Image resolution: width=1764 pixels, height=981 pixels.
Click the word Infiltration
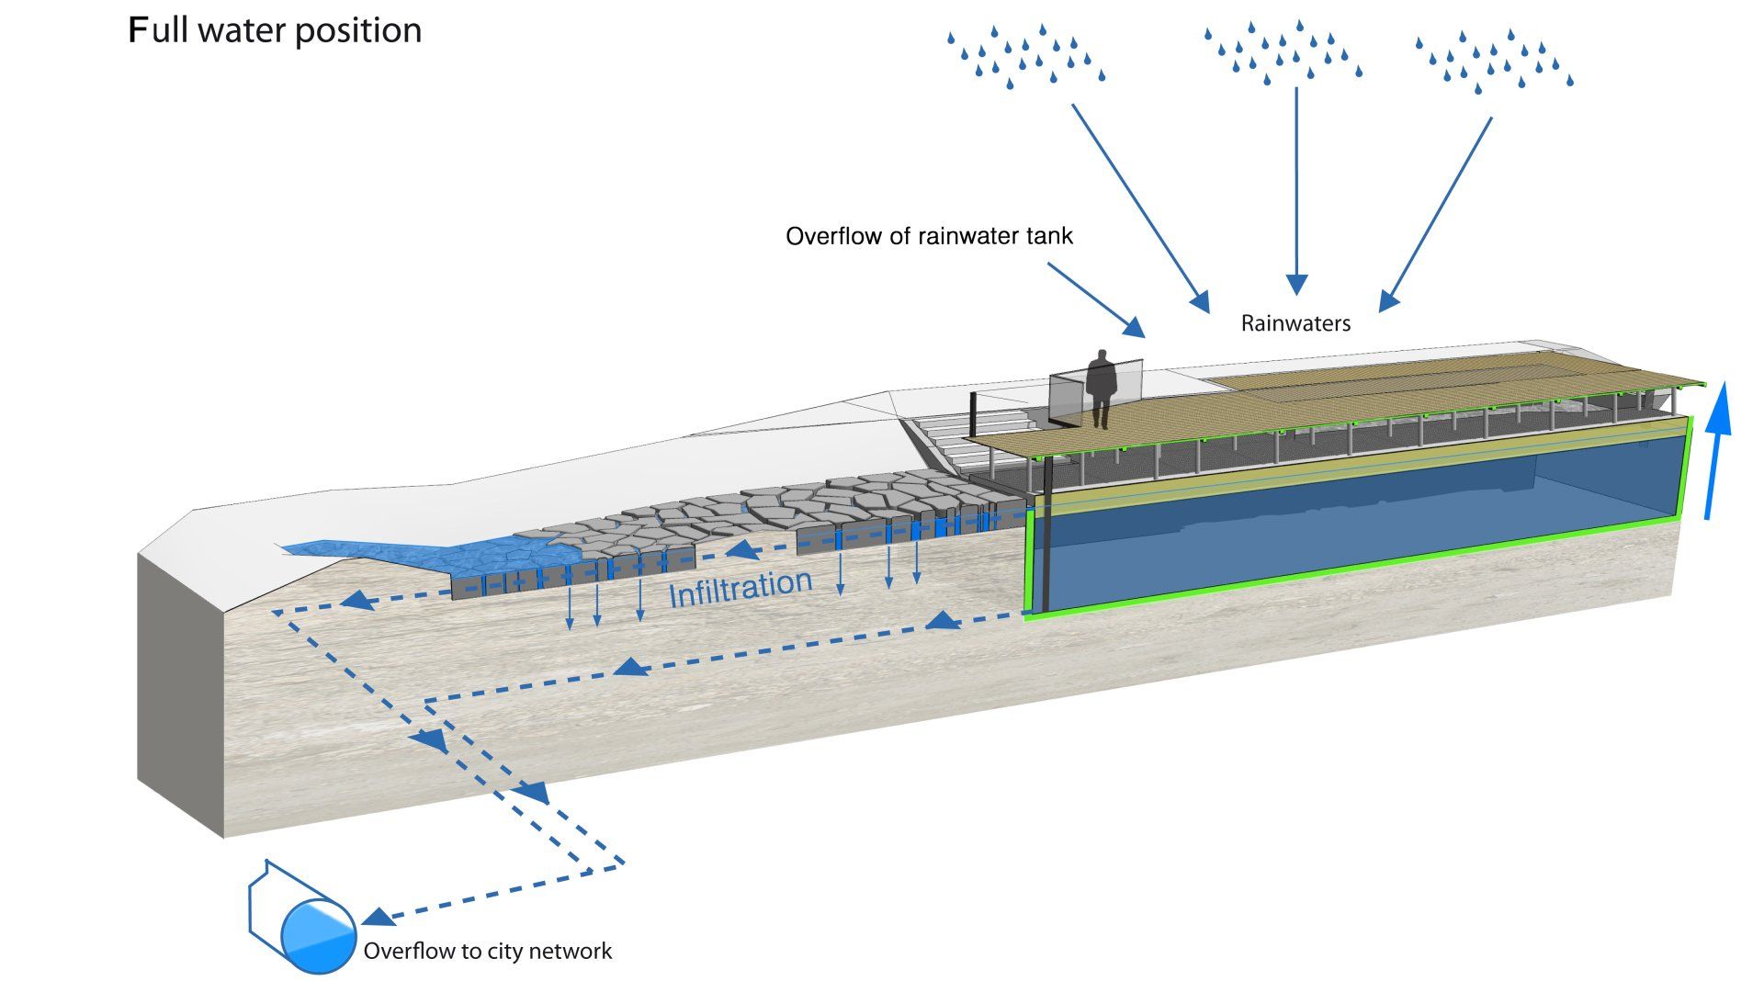point(741,589)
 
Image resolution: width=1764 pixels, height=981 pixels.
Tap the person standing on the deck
point(1101,387)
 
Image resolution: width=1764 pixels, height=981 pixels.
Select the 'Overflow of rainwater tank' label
point(929,236)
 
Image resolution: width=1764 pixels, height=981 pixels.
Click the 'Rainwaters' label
point(1295,323)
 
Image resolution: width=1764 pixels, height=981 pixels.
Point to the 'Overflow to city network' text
point(487,951)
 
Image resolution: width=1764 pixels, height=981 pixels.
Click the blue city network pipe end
point(318,936)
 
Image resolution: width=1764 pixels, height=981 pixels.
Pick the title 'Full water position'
point(275,30)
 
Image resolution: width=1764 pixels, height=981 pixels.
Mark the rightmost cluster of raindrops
point(1493,61)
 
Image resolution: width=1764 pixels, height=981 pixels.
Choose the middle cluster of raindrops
point(1282,52)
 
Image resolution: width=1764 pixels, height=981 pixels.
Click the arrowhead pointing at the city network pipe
point(379,916)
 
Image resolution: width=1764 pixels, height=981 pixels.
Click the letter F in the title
point(138,30)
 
